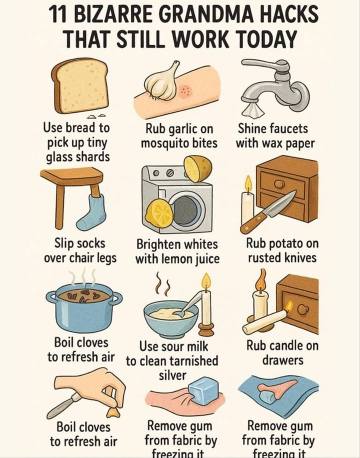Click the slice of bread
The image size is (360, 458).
pyautogui.click(x=80, y=85)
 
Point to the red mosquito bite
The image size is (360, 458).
pyautogui.click(x=185, y=91)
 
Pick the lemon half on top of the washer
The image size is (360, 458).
pyautogui.click(x=198, y=168)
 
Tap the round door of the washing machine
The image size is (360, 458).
pyautogui.click(x=186, y=206)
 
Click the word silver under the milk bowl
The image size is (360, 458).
pyautogui.click(x=172, y=375)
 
